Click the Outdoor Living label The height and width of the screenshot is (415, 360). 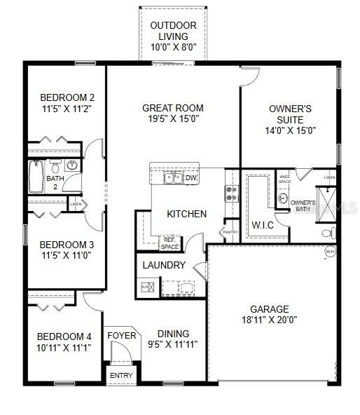(x=173, y=25)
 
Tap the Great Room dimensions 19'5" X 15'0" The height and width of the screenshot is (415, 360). (x=173, y=119)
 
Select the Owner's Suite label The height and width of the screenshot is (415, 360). (x=290, y=114)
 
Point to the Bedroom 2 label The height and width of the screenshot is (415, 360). (x=67, y=97)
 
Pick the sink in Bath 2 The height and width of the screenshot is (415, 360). (x=71, y=166)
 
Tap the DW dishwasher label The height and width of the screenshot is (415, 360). (x=191, y=178)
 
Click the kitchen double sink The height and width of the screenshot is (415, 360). (x=173, y=178)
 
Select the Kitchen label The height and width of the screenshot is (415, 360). (x=186, y=214)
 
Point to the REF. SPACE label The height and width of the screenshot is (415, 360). (x=170, y=243)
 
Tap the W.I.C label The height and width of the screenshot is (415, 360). (x=263, y=225)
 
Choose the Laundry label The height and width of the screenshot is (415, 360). (x=164, y=265)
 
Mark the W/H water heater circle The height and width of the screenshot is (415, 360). (x=329, y=251)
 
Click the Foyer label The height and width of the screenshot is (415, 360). (x=121, y=336)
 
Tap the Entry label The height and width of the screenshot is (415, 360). (x=121, y=376)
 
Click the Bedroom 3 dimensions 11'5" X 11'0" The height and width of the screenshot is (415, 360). (x=67, y=256)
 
